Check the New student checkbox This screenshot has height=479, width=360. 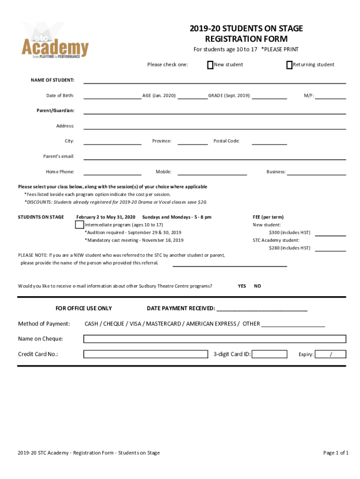[x=210, y=65]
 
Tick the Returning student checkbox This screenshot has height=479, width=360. [x=289, y=65]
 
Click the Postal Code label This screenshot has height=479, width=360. [x=226, y=141]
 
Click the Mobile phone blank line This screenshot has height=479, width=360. [x=212, y=173]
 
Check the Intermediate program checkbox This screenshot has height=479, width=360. [x=79, y=225]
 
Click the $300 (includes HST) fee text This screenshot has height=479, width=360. [x=289, y=232]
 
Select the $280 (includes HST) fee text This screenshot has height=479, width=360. [x=289, y=248]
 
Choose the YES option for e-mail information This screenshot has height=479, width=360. [x=242, y=286]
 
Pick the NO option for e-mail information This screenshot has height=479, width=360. [x=258, y=286]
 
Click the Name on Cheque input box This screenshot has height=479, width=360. [x=215, y=339]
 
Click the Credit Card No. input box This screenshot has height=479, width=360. [x=147, y=354]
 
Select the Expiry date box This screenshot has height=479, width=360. [x=331, y=354]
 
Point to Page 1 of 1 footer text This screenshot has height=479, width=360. [x=336, y=453]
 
